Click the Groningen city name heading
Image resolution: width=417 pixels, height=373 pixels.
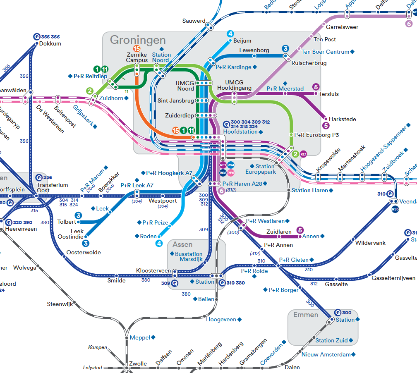pyautogui.click(x=138, y=40)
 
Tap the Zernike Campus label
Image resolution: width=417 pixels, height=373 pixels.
pyautogui.click(x=137, y=57)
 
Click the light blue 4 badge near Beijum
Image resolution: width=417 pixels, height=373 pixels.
pyautogui.click(x=230, y=34)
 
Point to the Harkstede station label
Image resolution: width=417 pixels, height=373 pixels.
pyautogui.click(x=342, y=120)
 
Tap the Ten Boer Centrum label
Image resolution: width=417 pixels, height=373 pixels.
pyautogui.click(x=326, y=52)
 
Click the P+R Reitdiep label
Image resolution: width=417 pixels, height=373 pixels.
pyautogui.click(x=90, y=76)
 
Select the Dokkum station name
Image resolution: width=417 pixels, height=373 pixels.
pyautogui.click(x=50, y=43)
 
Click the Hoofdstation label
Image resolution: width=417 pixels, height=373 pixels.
pyautogui.click(x=240, y=132)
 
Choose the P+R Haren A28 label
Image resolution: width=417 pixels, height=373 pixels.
pyautogui.click(x=242, y=184)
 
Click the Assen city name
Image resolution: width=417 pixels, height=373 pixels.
pyautogui.click(x=182, y=244)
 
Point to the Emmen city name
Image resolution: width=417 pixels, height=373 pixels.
pyautogui.click(x=306, y=315)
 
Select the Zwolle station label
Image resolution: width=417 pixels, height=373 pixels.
pyautogui.click(x=138, y=364)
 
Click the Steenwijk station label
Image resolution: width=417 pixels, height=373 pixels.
pyautogui.click(x=60, y=304)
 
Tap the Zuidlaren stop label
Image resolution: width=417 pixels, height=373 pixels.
pyautogui.click(x=279, y=232)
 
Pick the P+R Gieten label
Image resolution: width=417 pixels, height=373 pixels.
pyautogui.click(x=294, y=260)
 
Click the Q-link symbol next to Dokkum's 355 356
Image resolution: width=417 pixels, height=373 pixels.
pyautogui.click(x=36, y=37)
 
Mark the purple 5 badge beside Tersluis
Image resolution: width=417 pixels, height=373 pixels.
pyautogui.click(x=316, y=87)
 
